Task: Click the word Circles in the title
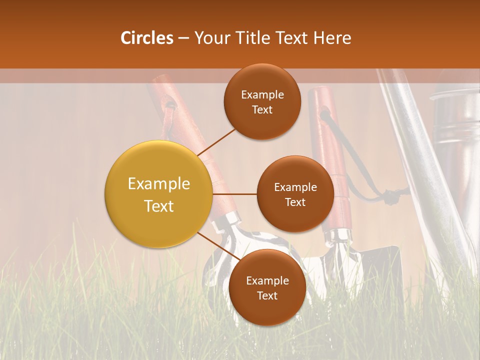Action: (146, 38)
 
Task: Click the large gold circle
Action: (159, 194)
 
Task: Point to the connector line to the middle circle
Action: (235, 194)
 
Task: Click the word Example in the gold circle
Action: (159, 184)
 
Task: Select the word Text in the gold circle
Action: (159, 206)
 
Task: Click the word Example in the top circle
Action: (262, 95)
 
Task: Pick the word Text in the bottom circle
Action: (267, 295)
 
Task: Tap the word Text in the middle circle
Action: (295, 202)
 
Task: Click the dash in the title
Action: (183, 38)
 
